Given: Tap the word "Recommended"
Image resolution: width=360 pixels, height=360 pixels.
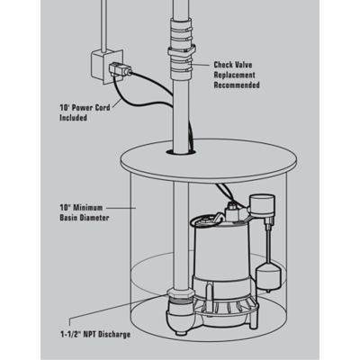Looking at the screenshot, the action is coord(237,85).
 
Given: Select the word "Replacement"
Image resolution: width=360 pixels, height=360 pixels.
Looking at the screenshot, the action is coord(235,75).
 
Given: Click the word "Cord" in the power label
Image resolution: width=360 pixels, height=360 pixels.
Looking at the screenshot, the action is coord(103,107).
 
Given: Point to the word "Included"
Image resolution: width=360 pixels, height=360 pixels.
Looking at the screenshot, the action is coord(73,118).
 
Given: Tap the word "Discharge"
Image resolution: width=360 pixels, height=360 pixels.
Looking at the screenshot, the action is coord(115,334).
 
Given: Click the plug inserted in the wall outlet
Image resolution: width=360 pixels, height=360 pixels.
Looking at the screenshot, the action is coord(120,69).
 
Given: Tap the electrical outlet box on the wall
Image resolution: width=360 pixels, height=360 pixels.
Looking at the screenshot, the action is coord(107,67).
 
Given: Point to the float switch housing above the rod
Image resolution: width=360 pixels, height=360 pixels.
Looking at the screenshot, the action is coord(262,206).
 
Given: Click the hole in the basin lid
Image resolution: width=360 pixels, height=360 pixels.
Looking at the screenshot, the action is coord(181,151).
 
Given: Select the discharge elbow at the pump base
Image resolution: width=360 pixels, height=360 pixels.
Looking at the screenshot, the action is coord(179,312).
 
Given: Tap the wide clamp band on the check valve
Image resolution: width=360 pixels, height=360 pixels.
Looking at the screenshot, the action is coord(181,52).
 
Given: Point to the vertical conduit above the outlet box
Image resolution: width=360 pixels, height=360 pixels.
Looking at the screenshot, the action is coord(104,25).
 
